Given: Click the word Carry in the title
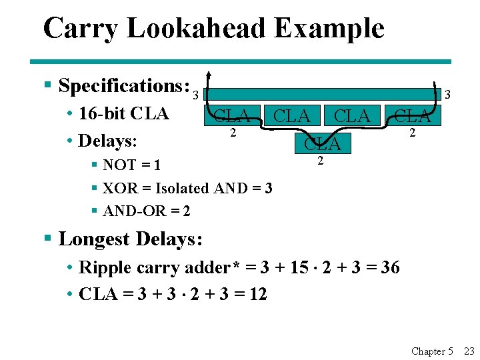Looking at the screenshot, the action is coord(79,29).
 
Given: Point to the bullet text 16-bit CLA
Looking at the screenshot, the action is coord(123,113).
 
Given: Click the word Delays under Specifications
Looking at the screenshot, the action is coord(107,141).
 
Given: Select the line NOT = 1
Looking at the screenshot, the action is coord(131,165).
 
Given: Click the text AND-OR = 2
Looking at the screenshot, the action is coord(147,211).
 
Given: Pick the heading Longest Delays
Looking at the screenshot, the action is coord(131,239).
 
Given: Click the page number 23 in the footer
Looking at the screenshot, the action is coord(469,351).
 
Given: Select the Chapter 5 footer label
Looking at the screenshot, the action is coord(432,351).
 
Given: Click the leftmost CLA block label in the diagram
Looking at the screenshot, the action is coord(233,117).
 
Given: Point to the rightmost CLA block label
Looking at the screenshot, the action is coord(412,117).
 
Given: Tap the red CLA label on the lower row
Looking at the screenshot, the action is coord(322,143).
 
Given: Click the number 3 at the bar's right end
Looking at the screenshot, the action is coord(447,95).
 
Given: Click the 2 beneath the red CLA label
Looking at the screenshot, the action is coord(321,161).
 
